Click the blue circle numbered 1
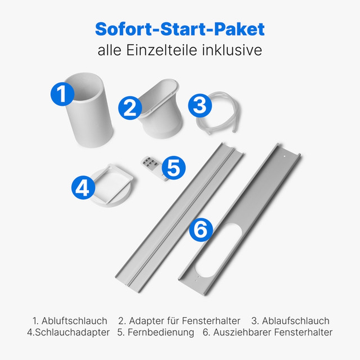(x=62, y=94)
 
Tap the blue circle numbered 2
(x=130, y=108)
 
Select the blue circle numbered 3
(x=200, y=105)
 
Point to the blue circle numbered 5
(x=174, y=168)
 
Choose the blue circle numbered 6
(x=201, y=230)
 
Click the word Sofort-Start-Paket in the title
(x=180, y=29)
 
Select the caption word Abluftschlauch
(x=74, y=321)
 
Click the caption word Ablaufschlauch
(x=296, y=321)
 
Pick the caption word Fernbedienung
(x=161, y=332)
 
